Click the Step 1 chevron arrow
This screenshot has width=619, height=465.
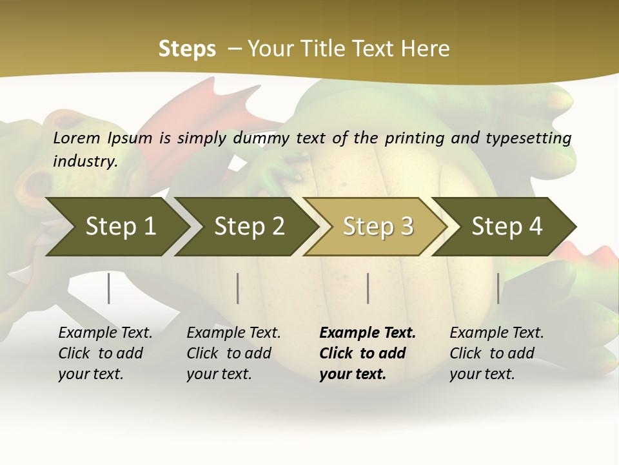(x=120, y=227)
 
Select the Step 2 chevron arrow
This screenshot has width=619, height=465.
(x=249, y=227)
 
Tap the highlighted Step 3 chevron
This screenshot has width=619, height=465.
(x=378, y=227)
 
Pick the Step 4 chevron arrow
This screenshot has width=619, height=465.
(x=507, y=227)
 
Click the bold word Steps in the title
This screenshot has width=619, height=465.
(x=187, y=49)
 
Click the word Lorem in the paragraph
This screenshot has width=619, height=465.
(x=77, y=138)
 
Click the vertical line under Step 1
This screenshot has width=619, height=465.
(x=109, y=288)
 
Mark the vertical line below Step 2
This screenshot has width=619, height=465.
(x=238, y=288)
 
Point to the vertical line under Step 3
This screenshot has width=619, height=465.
(x=368, y=288)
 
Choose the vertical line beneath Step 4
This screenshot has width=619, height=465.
(x=498, y=288)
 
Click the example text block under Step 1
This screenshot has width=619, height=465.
(x=105, y=353)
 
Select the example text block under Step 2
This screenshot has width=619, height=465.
(x=233, y=353)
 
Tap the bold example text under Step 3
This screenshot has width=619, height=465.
(x=368, y=353)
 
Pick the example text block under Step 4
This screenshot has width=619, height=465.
(x=496, y=353)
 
